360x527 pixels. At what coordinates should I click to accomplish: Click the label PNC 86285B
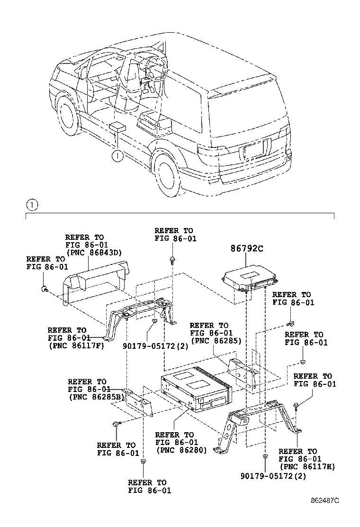(x=97, y=397)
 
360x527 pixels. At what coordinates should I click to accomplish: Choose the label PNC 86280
(x=181, y=450)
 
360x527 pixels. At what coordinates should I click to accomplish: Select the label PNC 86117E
(x=307, y=466)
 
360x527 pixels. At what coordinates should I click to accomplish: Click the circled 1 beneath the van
(x=117, y=154)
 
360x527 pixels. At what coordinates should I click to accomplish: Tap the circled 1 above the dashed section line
(x=31, y=205)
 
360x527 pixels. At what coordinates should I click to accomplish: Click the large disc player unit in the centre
(x=196, y=391)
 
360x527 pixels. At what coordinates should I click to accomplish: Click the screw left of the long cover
(x=44, y=288)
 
